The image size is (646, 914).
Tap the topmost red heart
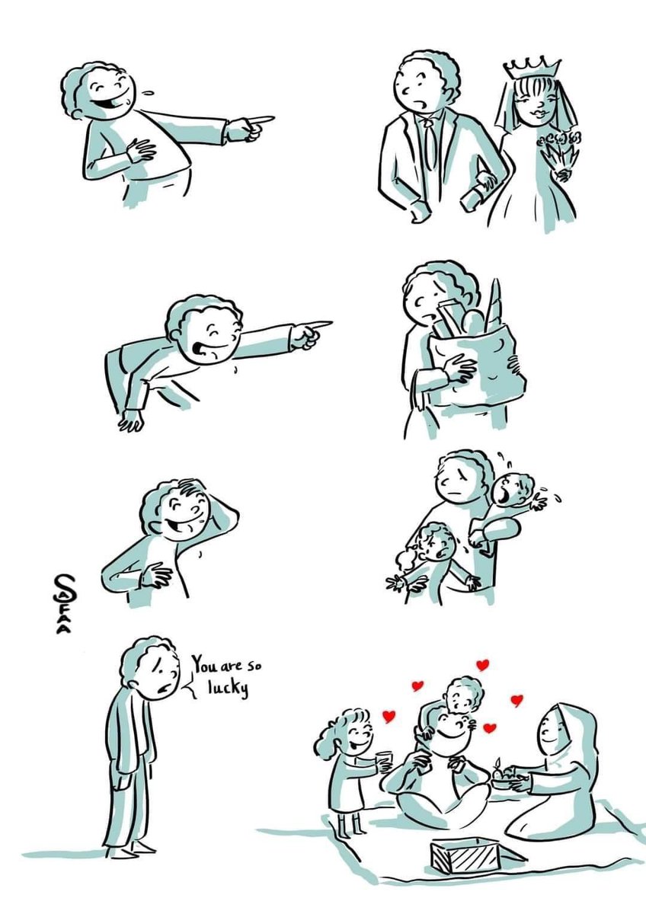tap(483, 665)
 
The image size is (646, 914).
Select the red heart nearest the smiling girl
tap(389, 725)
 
